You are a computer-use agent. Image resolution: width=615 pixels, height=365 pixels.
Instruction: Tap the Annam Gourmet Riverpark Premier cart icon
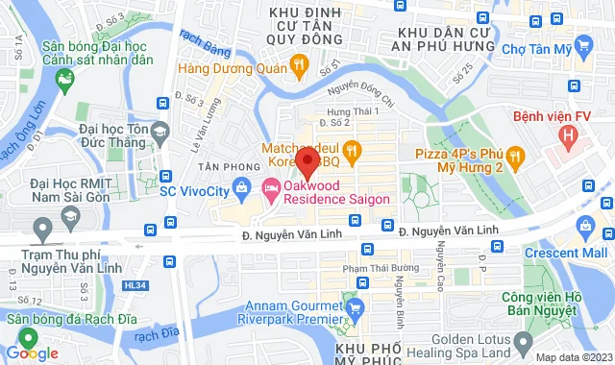(355, 307)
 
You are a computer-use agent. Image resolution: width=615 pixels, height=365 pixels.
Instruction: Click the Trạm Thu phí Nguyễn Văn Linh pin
(43, 230)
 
